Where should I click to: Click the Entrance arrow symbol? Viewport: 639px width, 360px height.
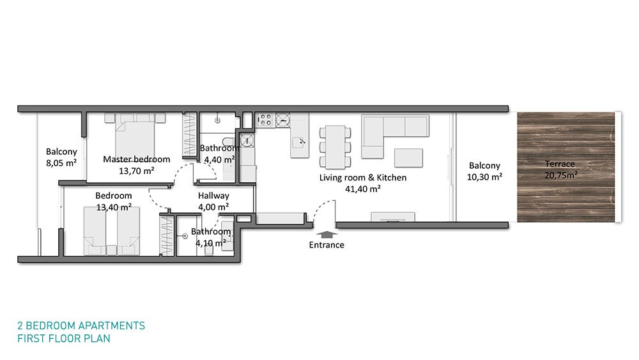[x=327, y=235]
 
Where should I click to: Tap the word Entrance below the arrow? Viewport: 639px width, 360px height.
[x=327, y=245]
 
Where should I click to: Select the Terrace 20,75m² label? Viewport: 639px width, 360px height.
[x=561, y=169]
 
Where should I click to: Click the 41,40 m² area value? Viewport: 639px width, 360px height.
[x=363, y=189]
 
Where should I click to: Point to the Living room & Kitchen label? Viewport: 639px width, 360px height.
[x=363, y=177]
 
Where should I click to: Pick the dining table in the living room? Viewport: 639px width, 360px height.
[x=335, y=147]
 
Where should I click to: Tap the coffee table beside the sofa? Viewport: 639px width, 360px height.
[x=408, y=158]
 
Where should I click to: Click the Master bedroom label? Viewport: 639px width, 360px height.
[x=137, y=159]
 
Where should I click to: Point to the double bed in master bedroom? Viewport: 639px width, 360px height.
[x=135, y=134]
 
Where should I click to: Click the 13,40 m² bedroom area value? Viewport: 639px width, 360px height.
[x=114, y=207]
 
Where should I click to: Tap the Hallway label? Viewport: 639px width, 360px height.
[x=213, y=196]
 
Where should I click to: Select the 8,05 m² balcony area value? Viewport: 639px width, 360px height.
[x=61, y=163]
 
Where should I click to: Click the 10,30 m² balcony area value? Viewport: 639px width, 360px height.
[x=484, y=177]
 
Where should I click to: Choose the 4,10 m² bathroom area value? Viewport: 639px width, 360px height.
[x=211, y=244]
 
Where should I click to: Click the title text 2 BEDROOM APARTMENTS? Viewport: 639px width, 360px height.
[x=81, y=325]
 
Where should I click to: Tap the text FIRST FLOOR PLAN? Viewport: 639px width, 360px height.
[x=63, y=338]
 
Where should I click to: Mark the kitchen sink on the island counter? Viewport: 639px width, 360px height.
[x=299, y=143]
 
